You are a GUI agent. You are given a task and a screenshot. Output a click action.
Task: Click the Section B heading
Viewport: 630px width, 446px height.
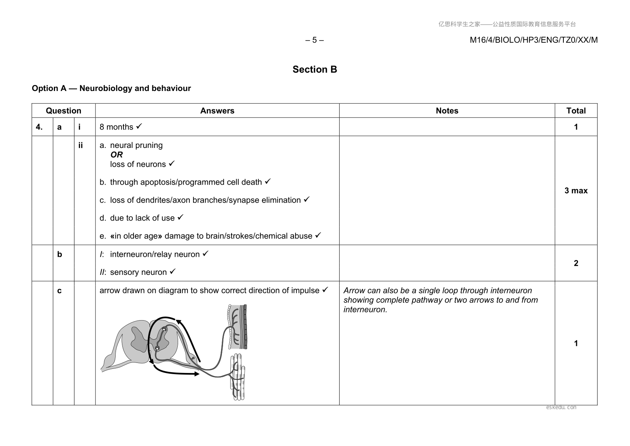tap(315, 69)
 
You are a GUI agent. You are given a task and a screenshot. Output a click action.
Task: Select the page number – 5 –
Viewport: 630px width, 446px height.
tap(314, 40)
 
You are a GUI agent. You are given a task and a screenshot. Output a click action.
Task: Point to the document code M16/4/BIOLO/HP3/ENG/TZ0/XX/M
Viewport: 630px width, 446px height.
tap(533, 40)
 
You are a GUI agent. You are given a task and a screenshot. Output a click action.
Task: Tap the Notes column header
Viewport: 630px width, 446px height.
tap(447, 111)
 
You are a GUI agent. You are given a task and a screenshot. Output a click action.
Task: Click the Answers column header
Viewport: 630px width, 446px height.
tap(217, 111)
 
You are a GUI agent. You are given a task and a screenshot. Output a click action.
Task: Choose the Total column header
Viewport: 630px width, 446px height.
tap(576, 111)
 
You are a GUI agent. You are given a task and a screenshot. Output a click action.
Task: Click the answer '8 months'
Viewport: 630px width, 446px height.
tap(116, 127)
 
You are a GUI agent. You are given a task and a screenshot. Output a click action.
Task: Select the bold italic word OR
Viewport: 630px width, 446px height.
tap(116, 155)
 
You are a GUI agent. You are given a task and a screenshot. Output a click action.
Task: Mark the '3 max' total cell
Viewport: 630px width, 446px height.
tap(576, 191)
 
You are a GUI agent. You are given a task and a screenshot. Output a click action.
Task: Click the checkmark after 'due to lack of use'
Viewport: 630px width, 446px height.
tap(180, 217)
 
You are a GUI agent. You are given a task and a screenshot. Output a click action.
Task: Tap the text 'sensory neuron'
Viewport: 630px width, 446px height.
tap(138, 272)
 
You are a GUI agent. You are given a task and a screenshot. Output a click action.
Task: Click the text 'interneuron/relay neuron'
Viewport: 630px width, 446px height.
tap(155, 254)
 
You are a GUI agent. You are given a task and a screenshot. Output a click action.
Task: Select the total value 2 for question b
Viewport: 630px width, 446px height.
tap(576, 263)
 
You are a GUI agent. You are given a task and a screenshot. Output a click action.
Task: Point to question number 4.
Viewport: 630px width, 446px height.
tap(39, 127)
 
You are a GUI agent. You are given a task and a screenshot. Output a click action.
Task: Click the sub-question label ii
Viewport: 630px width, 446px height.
tap(80, 145)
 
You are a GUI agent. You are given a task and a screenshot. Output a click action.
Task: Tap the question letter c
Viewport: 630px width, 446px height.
tap(59, 291)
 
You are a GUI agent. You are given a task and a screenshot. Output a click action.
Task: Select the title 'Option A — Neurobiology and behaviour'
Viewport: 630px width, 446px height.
tap(111, 88)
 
